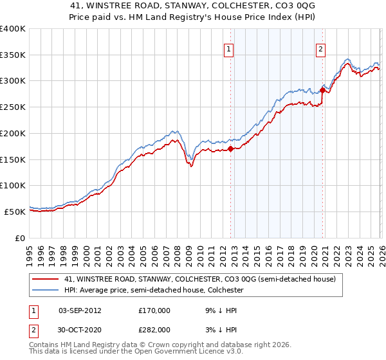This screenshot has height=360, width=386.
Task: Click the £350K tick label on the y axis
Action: [x=13, y=55]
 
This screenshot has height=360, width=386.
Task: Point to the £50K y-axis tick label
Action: [x=15, y=212]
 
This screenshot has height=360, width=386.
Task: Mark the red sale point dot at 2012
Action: [x=230, y=149]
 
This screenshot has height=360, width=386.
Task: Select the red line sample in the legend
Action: [x=46, y=279]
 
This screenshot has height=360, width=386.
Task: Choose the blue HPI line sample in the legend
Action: [x=46, y=291]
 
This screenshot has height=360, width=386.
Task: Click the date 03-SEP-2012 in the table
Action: [x=80, y=310]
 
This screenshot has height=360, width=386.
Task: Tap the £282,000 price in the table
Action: [x=154, y=329]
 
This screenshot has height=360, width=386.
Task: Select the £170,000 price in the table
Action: [x=154, y=310]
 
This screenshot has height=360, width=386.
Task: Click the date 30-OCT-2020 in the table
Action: [x=80, y=329]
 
